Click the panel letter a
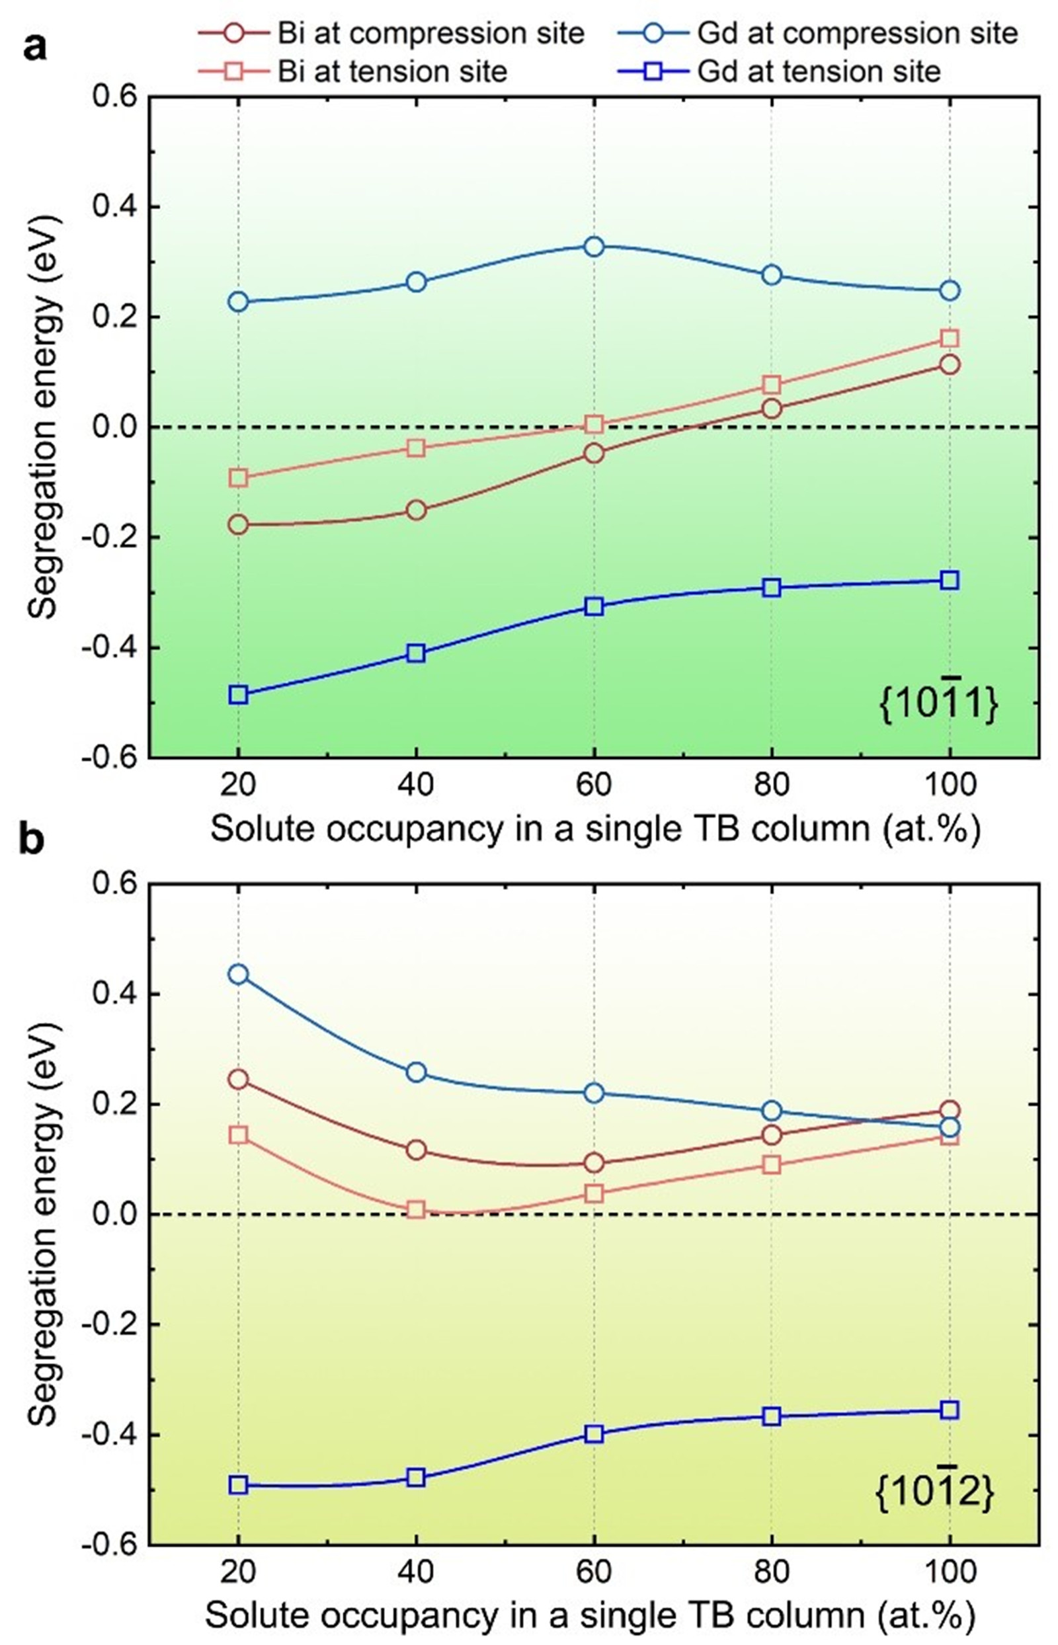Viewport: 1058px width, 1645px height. [x=36, y=48]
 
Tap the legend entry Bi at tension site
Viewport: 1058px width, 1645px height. [x=392, y=71]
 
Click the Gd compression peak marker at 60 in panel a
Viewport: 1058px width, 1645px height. [x=594, y=247]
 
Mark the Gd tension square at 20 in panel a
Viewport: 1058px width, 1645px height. [x=239, y=694]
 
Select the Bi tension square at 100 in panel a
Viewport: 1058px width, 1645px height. [x=950, y=338]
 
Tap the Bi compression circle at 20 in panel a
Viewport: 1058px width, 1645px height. [x=239, y=525]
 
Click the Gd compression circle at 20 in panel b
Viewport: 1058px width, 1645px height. [x=239, y=974]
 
